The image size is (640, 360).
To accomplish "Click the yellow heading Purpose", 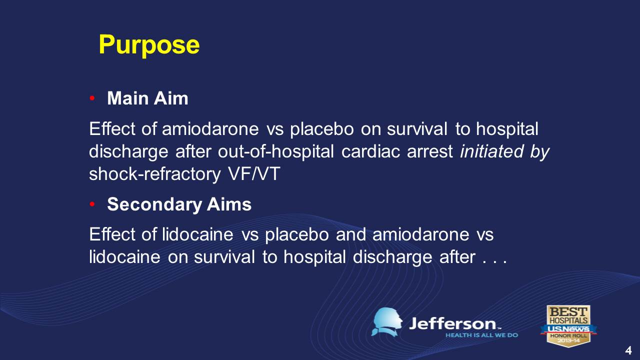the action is pos(149,45).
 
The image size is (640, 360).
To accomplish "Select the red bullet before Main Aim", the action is pos(92,98).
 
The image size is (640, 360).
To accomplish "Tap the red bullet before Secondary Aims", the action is pos(92,204).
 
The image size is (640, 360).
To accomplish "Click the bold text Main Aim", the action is pos(147,98).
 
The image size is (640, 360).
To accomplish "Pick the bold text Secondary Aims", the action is pos(179,204).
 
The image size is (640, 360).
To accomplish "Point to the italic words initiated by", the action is pos(504,151).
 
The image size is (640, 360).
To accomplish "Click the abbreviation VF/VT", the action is pos(254,173).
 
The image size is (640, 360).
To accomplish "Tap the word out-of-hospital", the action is pos(275,151).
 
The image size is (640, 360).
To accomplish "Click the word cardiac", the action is pos(370,151).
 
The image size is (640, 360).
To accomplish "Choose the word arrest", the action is pos(430,152).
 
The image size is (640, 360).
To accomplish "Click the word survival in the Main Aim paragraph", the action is pos(417,129).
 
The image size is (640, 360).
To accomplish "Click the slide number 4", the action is pos(628,350).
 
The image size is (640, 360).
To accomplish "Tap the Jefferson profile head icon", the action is pos(387,322).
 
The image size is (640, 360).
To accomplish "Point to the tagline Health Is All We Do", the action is pos(481,335).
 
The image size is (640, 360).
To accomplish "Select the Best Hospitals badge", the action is pos(568,326).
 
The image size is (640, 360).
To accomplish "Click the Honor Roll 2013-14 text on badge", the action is pos(568,338).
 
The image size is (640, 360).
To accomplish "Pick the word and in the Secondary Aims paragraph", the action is pos(351,234).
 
